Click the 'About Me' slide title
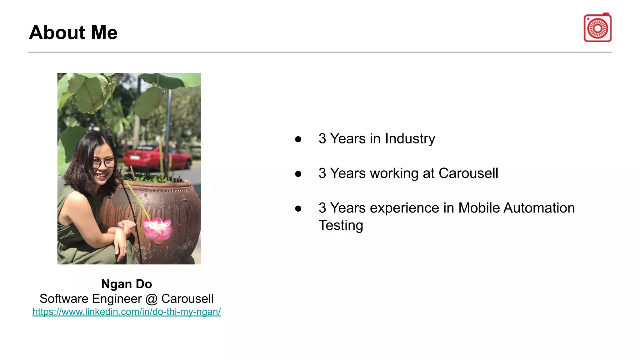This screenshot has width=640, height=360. pyautogui.click(x=73, y=32)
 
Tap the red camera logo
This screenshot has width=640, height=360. pyautogui.click(x=597, y=28)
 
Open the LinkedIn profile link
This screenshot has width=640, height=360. pyautogui.click(x=127, y=312)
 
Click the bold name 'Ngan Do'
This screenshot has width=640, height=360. pyautogui.click(x=127, y=284)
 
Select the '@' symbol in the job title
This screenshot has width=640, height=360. pyautogui.click(x=151, y=299)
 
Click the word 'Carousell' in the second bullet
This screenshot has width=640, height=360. pyautogui.click(x=468, y=173)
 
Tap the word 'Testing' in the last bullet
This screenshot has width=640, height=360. pyautogui.click(x=341, y=225)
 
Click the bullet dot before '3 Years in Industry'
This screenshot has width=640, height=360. pyautogui.click(x=298, y=139)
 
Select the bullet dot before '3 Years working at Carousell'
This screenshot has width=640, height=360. pyautogui.click(x=298, y=174)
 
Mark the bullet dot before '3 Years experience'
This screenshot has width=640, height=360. pyautogui.click(x=298, y=209)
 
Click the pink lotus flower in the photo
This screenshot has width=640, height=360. pyautogui.click(x=158, y=229)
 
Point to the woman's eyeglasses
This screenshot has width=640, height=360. pyautogui.click(x=104, y=163)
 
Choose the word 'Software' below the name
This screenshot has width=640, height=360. pyautogui.click(x=64, y=299)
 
